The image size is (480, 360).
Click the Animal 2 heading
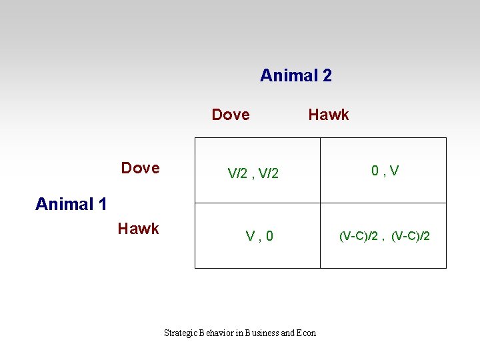click(x=295, y=75)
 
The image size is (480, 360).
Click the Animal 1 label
click(x=71, y=204)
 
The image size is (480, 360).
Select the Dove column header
click(x=231, y=115)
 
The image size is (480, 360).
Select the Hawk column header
click(x=328, y=115)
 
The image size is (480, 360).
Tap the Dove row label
click(x=140, y=168)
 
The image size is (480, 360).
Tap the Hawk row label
click(x=138, y=229)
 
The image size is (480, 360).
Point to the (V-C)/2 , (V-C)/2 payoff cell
click(x=385, y=236)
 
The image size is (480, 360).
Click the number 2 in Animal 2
click(x=327, y=75)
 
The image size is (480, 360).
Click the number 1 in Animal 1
click(x=101, y=204)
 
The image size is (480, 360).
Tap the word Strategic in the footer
click(x=180, y=333)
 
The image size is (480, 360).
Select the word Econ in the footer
click(x=307, y=333)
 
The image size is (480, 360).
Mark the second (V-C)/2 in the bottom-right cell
click(x=411, y=236)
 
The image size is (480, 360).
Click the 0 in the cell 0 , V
click(x=376, y=171)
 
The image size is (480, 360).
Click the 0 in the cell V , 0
click(x=269, y=236)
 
